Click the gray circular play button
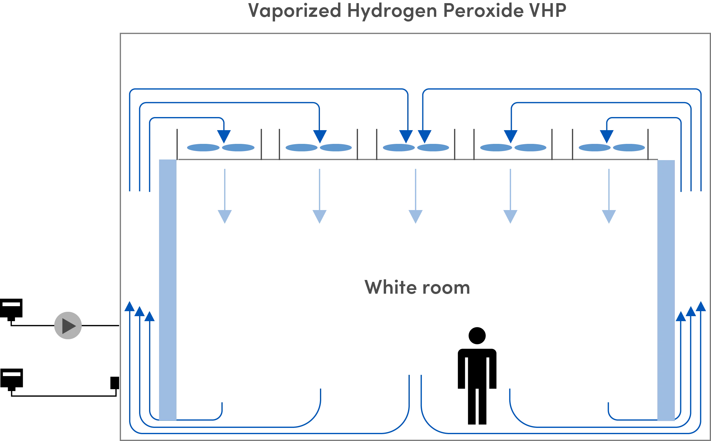coord(67,325)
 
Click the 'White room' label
coord(418,288)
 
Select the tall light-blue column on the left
coord(168,290)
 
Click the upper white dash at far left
coord(11,304)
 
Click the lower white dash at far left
coord(12,374)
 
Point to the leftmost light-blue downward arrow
coord(224,216)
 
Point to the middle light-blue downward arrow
coord(415,216)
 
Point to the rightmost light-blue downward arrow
coord(608,216)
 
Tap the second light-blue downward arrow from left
coord(319,216)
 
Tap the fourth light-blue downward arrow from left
coord(510,216)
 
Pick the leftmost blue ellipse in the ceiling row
coord(203,147)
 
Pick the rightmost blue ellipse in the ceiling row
coord(629,147)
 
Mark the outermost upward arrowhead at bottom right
coord(701,306)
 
